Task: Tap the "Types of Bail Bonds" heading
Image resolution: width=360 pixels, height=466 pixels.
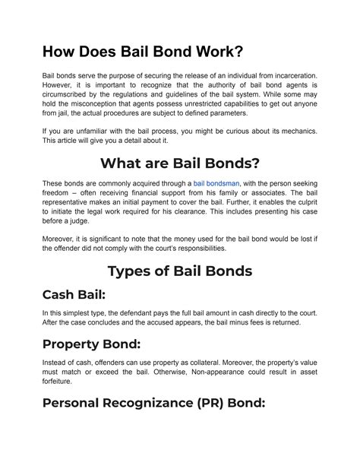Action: (x=179, y=272)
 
